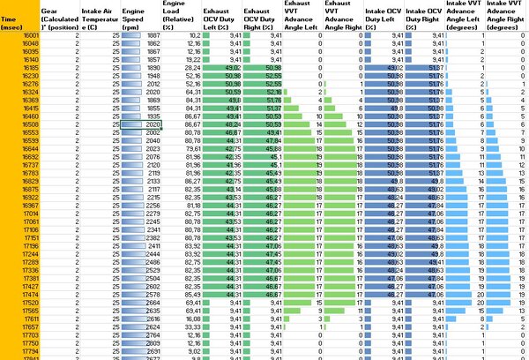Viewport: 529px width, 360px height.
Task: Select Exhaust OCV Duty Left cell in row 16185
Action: coord(234,67)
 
